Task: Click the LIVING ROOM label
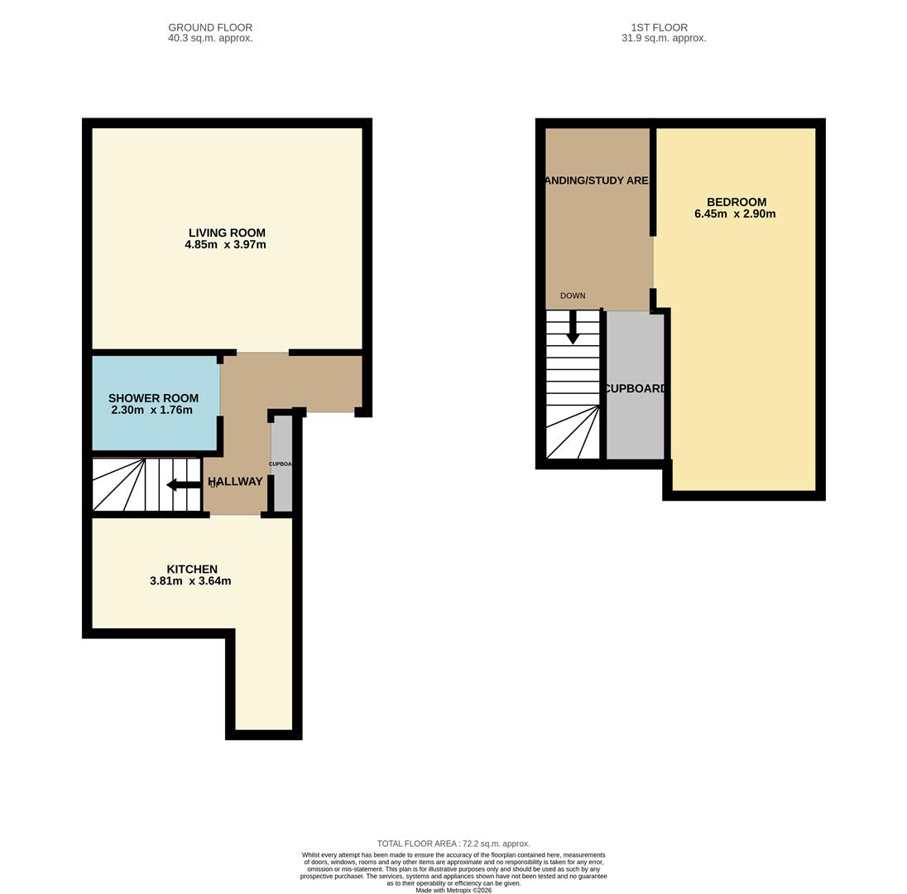click(227, 233)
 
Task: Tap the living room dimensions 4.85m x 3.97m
click(225, 245)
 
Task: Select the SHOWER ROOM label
click(153, 398)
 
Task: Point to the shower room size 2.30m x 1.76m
click(151, 410)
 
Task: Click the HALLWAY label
click(235, 481)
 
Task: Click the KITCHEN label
click(192, 569)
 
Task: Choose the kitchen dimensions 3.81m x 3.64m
click(190, 581)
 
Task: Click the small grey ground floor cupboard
click(282, 464)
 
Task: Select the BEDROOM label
click(736, 202)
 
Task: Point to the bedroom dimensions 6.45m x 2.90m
click(735, 214)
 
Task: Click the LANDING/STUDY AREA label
click(597, 180)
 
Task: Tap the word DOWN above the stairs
click(573, 296)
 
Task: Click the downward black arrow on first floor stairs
click(573, 329)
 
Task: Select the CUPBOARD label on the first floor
click(635, 388)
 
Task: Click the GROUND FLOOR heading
click(210, 27)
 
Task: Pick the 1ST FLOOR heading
click(659, 27)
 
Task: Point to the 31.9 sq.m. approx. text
click(664, 38)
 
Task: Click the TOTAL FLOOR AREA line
click(453, 844)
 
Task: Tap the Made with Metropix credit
click(453, 890)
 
